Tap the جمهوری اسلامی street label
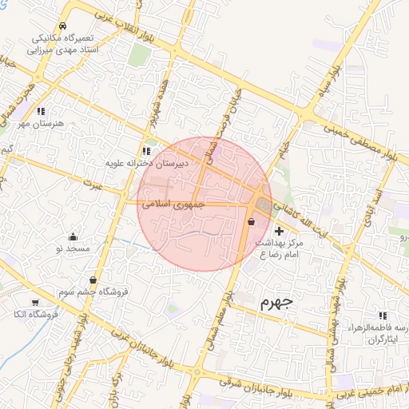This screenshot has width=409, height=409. point(173,204)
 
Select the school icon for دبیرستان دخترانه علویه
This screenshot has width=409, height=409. point(145,150)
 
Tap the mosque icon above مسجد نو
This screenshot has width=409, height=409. point(73,236)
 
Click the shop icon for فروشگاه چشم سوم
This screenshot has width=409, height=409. point(94,280)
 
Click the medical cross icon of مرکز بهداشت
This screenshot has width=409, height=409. point(279,230)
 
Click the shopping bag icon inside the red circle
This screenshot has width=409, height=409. point(252,222)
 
